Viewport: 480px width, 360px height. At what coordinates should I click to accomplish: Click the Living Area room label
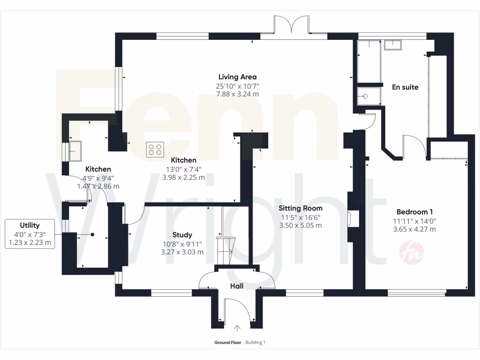237,77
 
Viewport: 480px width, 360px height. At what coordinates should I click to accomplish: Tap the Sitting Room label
300,208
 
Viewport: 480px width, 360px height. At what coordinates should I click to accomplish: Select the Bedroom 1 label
414,211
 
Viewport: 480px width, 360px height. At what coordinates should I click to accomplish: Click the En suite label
405,87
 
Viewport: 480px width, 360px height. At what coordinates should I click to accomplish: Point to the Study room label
182,235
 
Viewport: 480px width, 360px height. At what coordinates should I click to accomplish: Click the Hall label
236,286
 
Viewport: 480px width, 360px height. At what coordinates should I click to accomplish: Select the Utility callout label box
30,234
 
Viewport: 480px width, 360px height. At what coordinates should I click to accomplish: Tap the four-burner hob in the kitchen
155,149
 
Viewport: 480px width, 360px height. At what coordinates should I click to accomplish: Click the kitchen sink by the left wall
75,150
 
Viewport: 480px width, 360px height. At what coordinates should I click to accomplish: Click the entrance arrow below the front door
237,329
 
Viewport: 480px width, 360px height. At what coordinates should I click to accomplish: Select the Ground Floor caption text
228,343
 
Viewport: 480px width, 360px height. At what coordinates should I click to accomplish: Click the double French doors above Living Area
292,26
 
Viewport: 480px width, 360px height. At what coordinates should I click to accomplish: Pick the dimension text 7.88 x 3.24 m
237,94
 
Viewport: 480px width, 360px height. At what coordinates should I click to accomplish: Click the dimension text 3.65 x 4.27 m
414,229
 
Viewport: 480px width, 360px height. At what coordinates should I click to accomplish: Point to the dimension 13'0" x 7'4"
183,169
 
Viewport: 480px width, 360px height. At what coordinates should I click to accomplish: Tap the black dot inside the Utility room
93,234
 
